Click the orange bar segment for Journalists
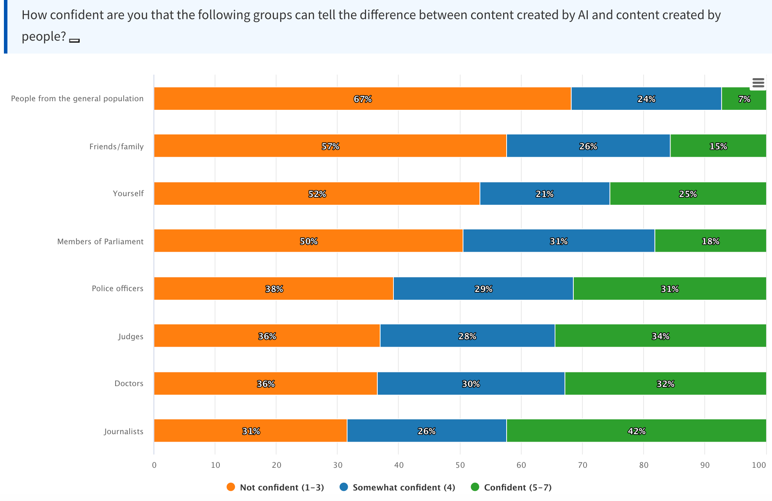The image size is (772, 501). click(251, 431)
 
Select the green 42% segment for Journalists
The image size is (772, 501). click(636, 431)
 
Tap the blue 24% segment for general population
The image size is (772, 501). click(646, 98)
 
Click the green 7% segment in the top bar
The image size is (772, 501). click(744, 98)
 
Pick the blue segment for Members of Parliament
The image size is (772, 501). click(559, 241)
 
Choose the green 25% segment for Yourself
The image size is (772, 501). click(688, 193)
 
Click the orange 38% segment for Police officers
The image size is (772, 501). click(274, 288)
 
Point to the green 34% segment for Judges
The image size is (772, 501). click(660, 336)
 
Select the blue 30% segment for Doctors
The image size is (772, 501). click(471, 383)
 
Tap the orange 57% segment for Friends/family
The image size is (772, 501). click(330, 146)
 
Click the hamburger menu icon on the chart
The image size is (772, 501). click(758, 83)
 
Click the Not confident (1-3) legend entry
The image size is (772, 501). click(281, 487)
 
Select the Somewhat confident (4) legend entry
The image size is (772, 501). click(404, 487)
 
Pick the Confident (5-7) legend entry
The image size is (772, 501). click(518, 487)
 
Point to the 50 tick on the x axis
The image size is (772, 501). click(460, 465)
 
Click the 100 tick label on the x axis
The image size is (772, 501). click(759, 465)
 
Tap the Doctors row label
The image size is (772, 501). click(129, 383)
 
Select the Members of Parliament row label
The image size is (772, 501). click(100, 242)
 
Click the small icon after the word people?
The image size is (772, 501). click(74, 40)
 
